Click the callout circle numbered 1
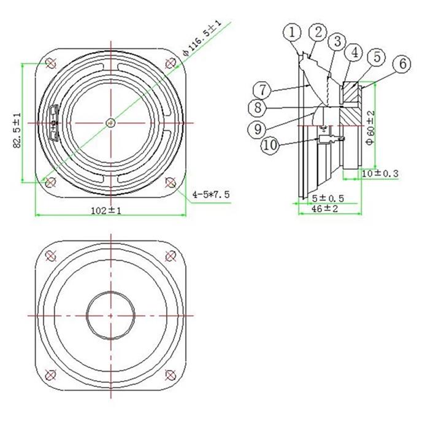tap(292, 33)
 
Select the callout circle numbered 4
tap(355, 53)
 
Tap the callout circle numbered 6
tap(402, 64)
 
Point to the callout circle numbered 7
tap(263, 90)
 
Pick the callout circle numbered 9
tap(258, 129)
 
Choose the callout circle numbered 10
tap(270, 145)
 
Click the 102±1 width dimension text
tap(106, 210)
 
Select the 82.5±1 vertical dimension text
tap(17, 130)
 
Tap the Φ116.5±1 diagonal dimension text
tap(202, 38)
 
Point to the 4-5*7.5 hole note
tap(211, 194)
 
